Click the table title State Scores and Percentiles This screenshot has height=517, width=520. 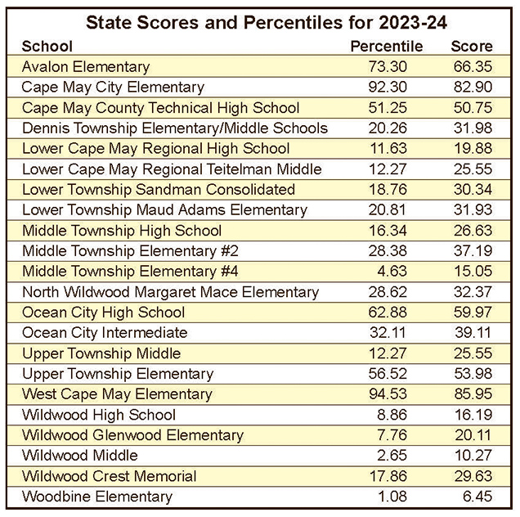point(259,20)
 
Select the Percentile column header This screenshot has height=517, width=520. point(386,47)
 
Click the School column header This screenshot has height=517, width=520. point(47,47)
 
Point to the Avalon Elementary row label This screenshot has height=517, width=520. point(86,67)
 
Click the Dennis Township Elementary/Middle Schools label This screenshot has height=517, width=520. point(175,128)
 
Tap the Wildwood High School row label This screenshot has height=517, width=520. point(99,415)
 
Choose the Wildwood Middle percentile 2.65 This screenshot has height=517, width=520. point(390,456)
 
